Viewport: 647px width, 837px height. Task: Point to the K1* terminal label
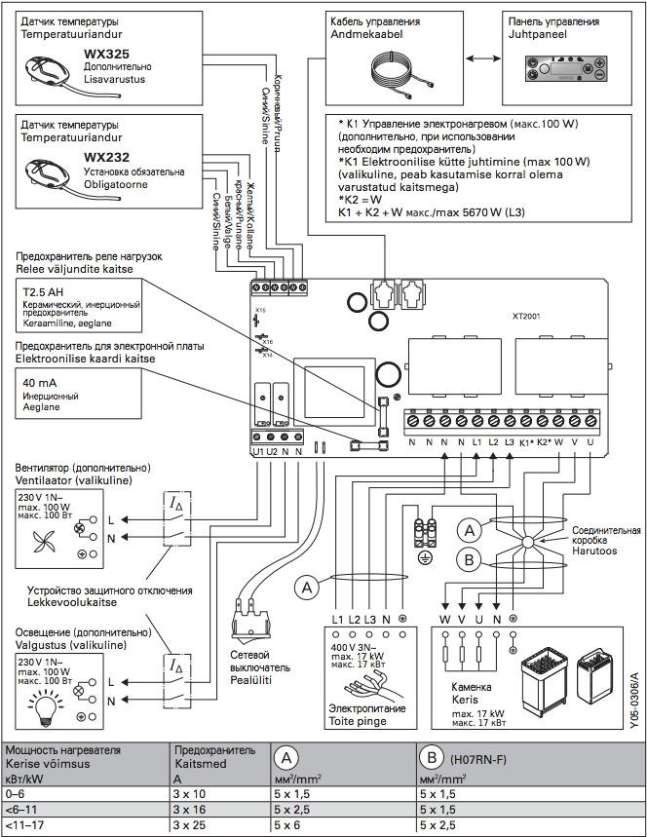(x=525, y=443)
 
